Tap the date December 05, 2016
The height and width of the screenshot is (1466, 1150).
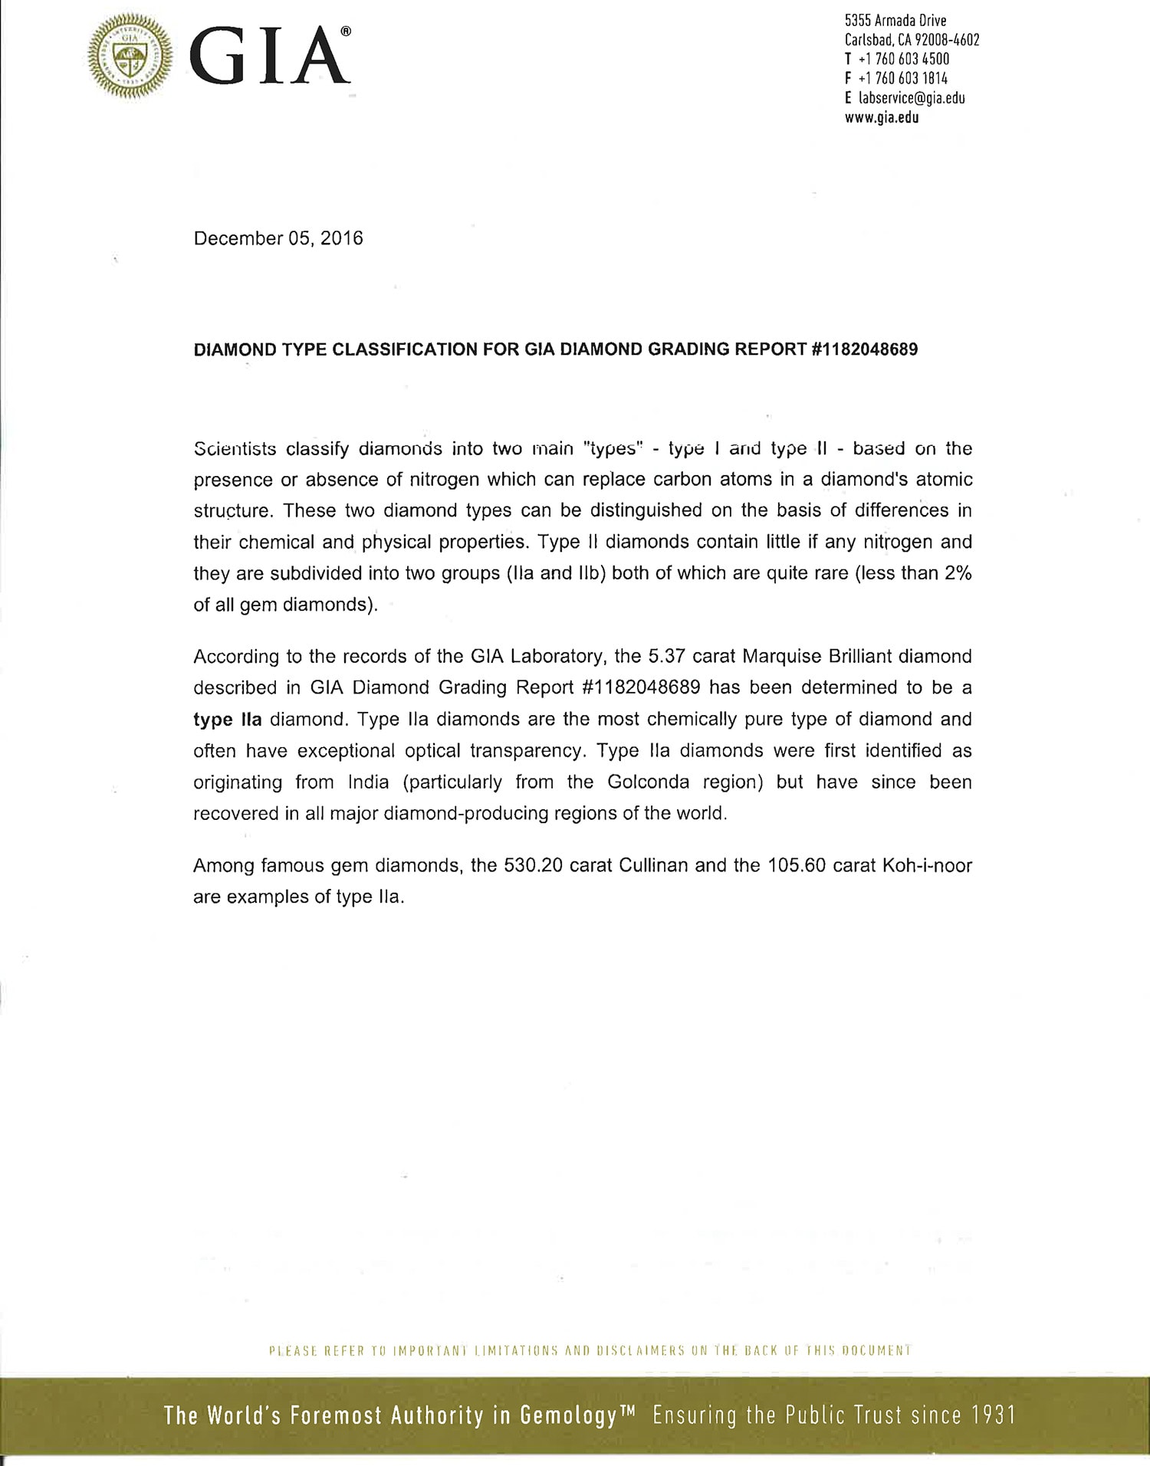(278, 238)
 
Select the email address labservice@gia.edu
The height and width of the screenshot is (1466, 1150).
(912, 98)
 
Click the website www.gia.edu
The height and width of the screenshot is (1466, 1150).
(882, 118)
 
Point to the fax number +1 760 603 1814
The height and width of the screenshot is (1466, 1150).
(902, 78)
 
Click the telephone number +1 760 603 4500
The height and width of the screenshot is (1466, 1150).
(903, 59)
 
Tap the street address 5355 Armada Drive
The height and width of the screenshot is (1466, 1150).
(895, 21)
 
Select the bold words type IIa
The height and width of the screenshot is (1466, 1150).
(228, 720)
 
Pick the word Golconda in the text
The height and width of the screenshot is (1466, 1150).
(648, 782)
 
